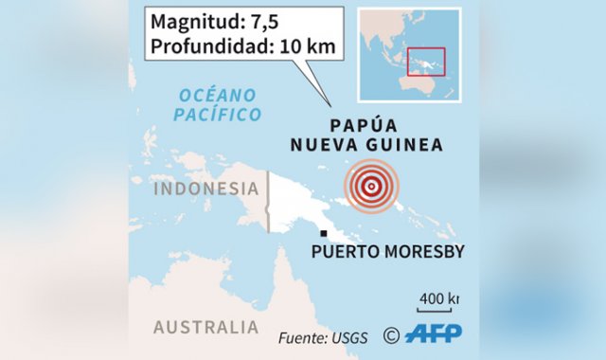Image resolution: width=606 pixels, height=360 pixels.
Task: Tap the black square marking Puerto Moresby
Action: (324, 233)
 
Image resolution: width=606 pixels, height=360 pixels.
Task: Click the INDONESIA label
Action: (205, 188)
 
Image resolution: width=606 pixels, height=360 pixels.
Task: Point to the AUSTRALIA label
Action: (205, 327)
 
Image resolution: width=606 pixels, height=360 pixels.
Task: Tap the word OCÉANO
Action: (219, 95)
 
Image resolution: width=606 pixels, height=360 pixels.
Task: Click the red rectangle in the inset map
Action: (426, 61)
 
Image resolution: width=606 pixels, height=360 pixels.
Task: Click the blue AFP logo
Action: (434, 333)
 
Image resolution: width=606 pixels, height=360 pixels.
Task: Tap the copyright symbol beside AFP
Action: (391, 334)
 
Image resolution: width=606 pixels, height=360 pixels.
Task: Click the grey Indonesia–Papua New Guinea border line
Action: (268, 201)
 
